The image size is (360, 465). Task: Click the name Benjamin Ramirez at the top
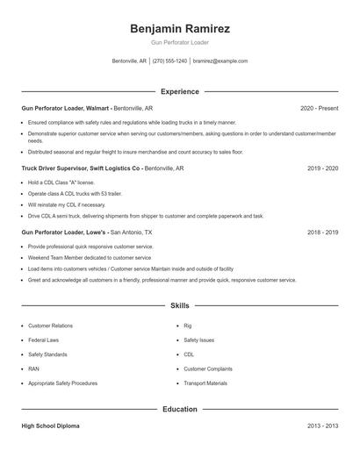179,28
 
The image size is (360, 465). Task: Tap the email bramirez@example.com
220,61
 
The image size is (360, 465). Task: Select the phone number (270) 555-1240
169,61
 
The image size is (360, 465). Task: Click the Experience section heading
179,91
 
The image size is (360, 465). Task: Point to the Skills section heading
179,306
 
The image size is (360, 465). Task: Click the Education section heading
179,409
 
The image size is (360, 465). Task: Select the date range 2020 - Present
319,108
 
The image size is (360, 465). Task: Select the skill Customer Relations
50,325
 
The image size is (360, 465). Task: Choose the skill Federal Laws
43,340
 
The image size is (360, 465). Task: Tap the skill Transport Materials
205,383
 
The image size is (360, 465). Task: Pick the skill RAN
33,368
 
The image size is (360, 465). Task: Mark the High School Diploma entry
50,426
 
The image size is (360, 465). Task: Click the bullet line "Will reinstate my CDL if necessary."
72,204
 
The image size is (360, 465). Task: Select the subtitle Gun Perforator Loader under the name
179,42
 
